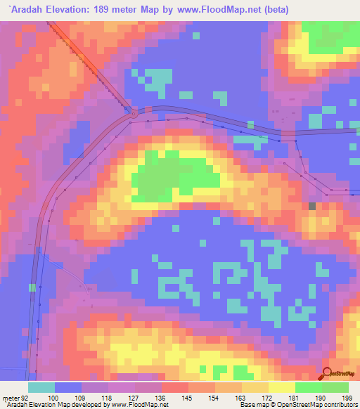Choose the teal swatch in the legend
(41, 387)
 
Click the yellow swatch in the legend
(281, 387)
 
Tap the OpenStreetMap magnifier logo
(327, 375)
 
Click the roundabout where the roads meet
(134, 111)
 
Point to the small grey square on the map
(312, 205)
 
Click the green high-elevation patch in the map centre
(169, 176)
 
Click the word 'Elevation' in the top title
(72, 9)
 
